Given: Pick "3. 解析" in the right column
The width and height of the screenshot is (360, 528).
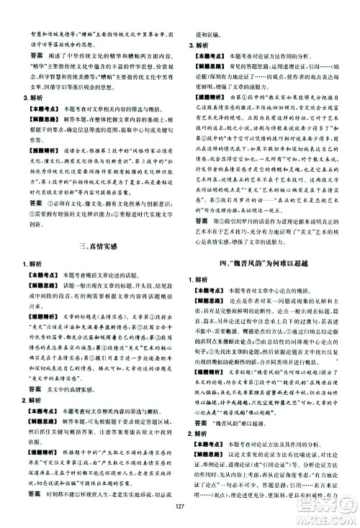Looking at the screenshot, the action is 197,42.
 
